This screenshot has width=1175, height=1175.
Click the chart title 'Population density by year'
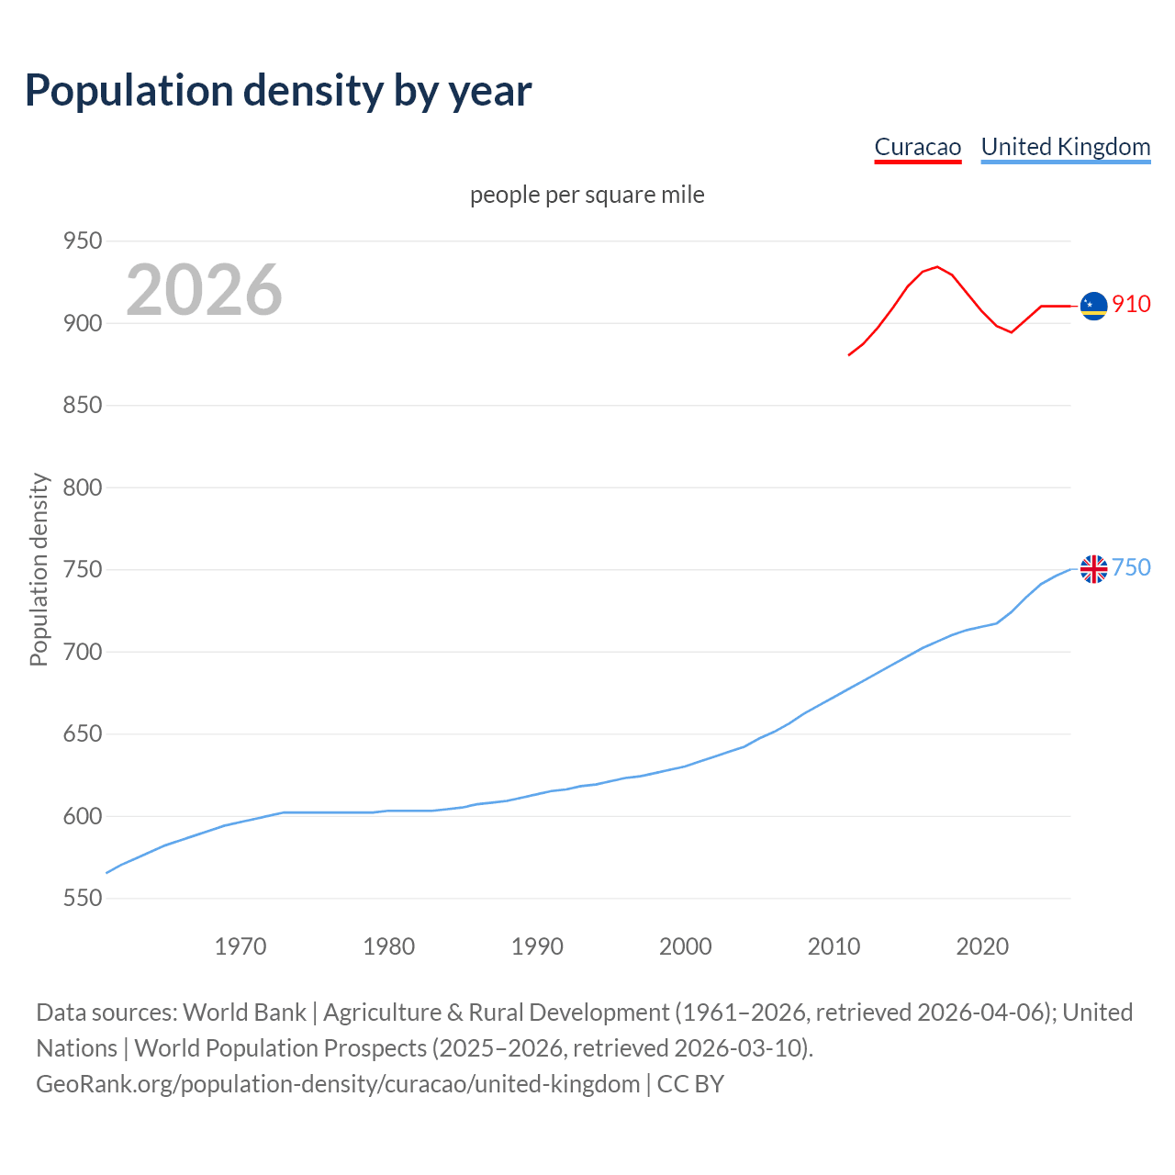[278, 91]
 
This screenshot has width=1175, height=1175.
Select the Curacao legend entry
[917, 147]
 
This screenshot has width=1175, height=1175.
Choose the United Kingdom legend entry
[1065, 147]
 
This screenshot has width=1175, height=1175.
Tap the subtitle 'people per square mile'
[587, 196]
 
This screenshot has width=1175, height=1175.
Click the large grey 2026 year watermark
[204, 290]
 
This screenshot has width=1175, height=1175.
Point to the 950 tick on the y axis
[82, 241]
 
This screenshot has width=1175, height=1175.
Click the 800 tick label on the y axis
[82, 487]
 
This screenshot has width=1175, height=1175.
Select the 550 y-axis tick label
[82, 898]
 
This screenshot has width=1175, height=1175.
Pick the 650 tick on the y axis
[82, 734]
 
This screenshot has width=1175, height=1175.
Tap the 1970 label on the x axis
[241, 946]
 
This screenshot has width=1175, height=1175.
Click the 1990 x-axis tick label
[537, 946]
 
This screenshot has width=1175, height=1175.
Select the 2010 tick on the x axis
[834, 946]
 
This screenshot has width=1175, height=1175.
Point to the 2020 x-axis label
[982, 946]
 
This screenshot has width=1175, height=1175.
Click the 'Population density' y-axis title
[39, 569]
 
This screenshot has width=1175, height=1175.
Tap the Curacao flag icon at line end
[1093, 306]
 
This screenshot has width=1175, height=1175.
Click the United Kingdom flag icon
[1093, 569]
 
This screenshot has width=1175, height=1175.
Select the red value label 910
[1131, 304]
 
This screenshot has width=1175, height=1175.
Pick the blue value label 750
[1131, 568]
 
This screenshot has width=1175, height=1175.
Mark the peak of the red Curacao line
[936, 267]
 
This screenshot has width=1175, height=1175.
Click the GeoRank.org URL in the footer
[338, 1084]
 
